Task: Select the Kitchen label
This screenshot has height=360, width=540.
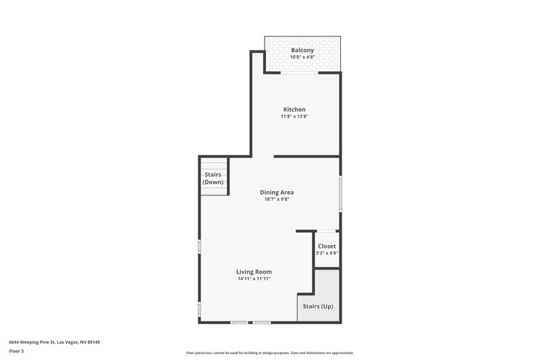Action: pos(294,109)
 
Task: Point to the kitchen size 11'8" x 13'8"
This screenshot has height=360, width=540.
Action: pos(294,117)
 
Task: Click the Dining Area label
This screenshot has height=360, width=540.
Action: pos(277,192)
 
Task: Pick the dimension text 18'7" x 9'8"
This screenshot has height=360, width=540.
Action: pos(277,200)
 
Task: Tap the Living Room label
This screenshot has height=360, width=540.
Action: pos(254,272)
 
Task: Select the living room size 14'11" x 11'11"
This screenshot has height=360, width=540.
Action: pos(254,279)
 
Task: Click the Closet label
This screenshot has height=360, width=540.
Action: pos(327,247)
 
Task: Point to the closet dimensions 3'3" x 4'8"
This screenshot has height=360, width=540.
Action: pos(327,254)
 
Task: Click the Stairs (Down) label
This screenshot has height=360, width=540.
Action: pos(213,178)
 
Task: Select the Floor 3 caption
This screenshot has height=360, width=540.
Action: pos(16,352)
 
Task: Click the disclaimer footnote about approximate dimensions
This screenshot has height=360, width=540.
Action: pos(270,353)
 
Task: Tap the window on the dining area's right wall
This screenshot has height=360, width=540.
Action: pos(340,193)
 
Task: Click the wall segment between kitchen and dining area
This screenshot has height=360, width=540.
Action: pos(306,156)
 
